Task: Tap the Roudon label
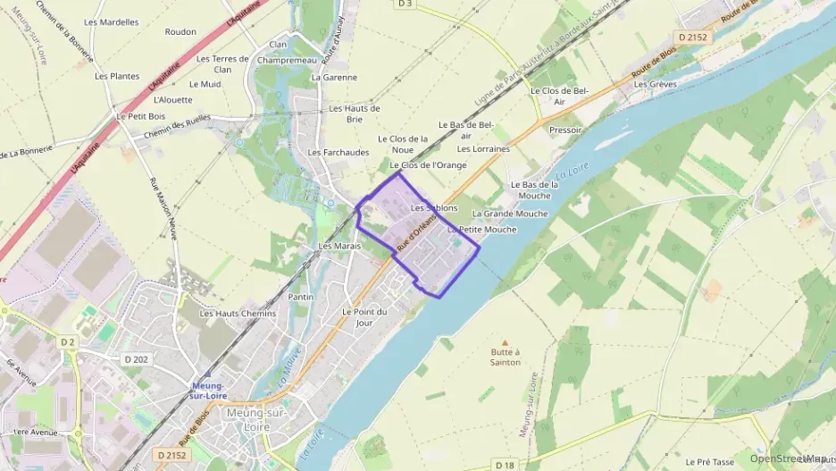click(180, 32)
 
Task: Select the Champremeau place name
click(287, 60)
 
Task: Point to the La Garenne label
click(333, 78)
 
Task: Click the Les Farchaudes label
click(339, 153)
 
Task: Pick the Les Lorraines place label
click(483, 149)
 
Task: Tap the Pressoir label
click(565, 130)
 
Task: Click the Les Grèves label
click(656, 85)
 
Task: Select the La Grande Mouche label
click(510, 214)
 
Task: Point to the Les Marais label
click(339, 246)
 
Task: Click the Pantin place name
click(301, 297)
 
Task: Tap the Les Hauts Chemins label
click(238, 314)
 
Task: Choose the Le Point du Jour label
click(364, 316)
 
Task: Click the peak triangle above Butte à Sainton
click(505, 341)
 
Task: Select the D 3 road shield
click(405, 4)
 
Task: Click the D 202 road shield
click(136, 359)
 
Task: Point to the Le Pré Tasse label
click(709, 462)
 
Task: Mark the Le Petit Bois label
click(141, 116)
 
